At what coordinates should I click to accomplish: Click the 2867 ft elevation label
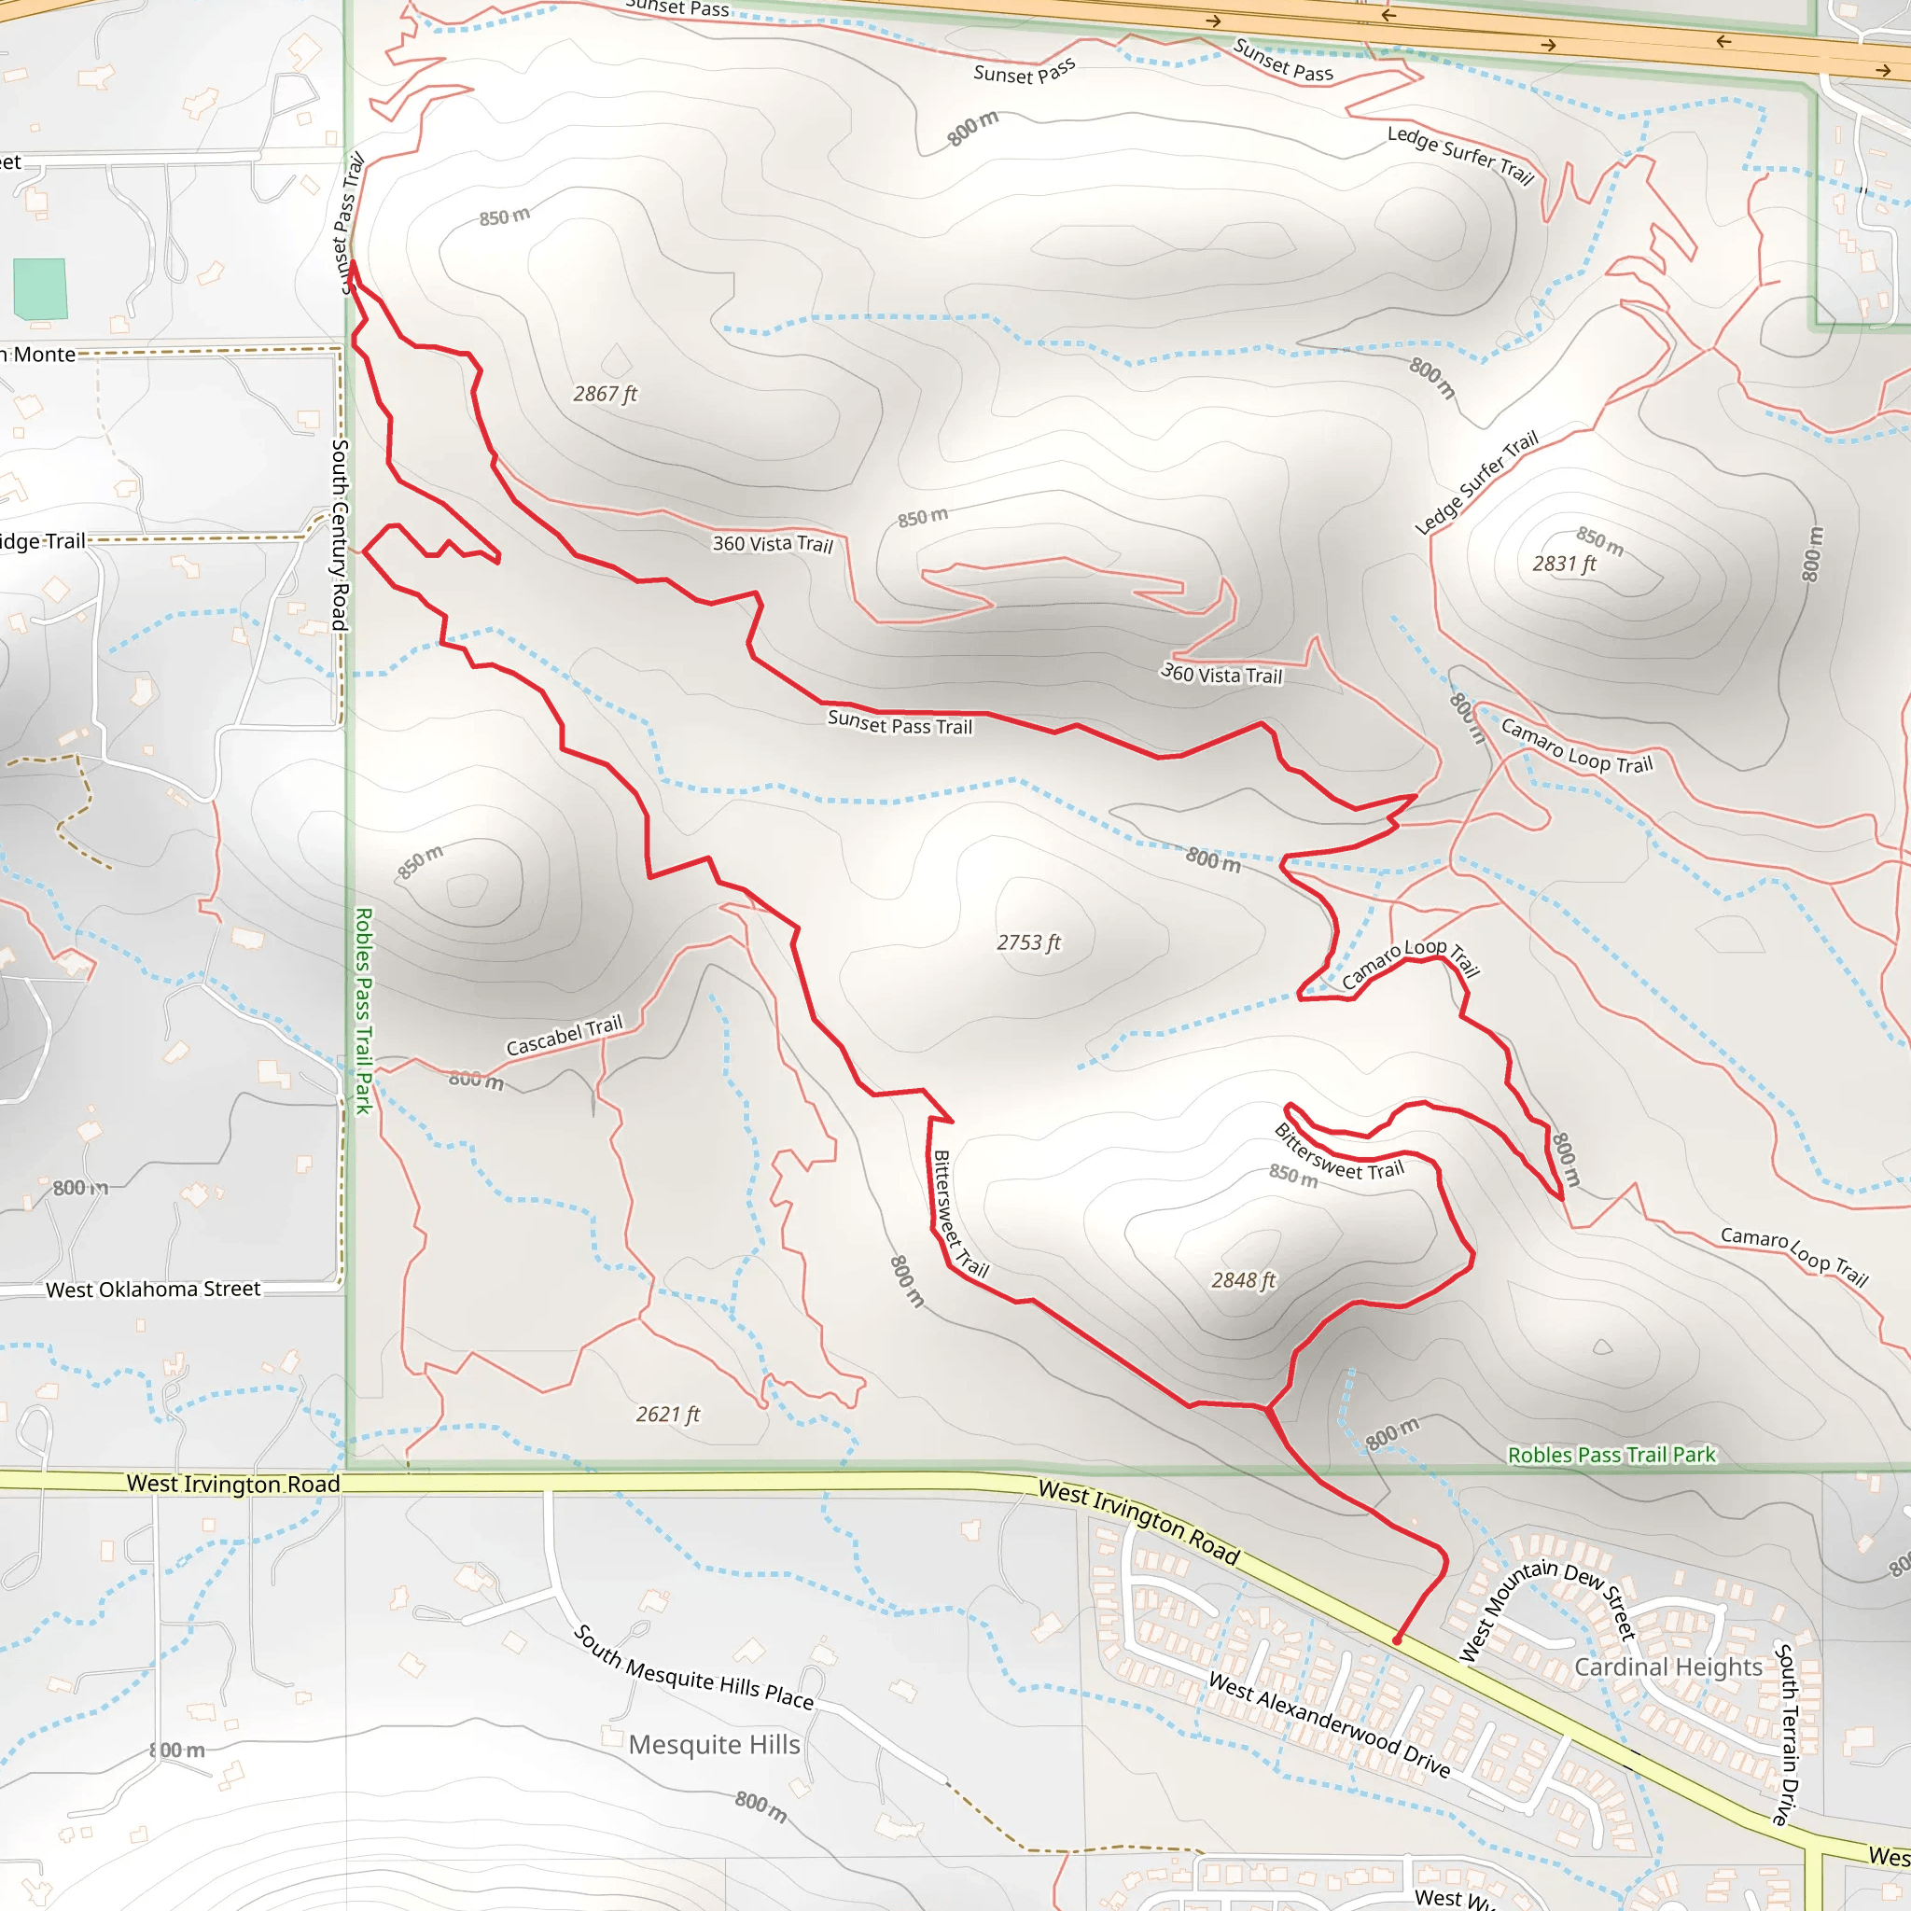(x=605, y=394)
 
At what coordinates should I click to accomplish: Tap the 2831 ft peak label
(x=1564, y=564)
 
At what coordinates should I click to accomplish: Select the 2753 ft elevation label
(x=1027, y=942)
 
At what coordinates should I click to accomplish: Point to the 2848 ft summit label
(x=1243, y=1280)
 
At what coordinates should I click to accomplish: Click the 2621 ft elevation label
(x=668, y=1415)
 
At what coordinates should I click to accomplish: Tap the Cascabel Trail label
(x=564, y=1036)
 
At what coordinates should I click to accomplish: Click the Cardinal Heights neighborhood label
(x=1667, y=1667)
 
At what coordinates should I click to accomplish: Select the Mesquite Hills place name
(x=714, y=1745)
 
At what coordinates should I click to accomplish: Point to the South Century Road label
(x=340, y=534)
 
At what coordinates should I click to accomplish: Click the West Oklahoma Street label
(x=153, y=1290)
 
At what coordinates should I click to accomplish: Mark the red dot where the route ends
(x=1397, y=1640)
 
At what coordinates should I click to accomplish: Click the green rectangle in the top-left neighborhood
(x=40, y=287)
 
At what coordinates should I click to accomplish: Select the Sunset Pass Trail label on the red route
(x=900, y=723)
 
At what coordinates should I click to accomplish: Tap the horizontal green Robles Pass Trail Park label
(x=1611, y=1455)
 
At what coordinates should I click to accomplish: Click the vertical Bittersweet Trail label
(x=957, y=1214)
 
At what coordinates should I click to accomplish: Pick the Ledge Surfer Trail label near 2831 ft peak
(x=1476, y=481)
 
